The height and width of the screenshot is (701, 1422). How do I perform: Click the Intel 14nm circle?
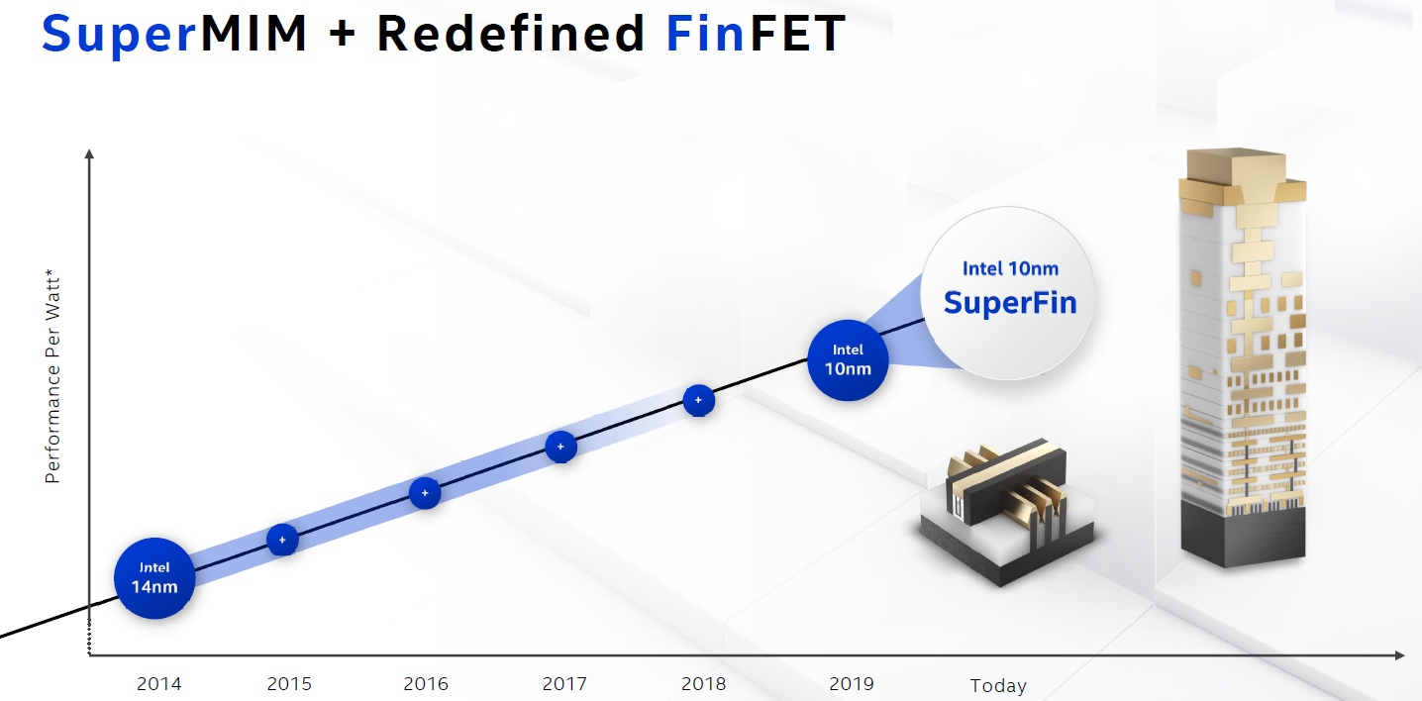point(154,578)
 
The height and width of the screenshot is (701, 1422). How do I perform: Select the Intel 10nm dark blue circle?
point(848,360)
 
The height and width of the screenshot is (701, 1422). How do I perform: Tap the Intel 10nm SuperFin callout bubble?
point(1009,293)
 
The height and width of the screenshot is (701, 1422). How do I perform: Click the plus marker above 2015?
point(282,540)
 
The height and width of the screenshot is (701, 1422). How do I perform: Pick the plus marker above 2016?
point(425,493)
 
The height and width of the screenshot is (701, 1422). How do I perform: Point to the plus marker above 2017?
point(560,447)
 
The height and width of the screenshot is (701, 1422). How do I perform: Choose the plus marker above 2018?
point(698,400)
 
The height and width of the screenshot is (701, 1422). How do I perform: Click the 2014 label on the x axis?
point(159,684)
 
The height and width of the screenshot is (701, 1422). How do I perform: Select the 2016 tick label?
point(426,684)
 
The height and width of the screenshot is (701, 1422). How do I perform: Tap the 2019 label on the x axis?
point(852,684)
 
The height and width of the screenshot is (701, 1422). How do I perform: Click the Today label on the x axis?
point(998,686)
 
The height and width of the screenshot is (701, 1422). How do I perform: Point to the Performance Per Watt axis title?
point(52,376)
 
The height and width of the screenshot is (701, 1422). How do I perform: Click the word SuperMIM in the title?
point(174,33)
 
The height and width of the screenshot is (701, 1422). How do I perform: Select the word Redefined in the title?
point(511,33)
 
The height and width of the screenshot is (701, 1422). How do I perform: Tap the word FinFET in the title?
point(757,33)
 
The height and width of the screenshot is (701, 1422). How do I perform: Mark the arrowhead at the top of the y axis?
point(89,153)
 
